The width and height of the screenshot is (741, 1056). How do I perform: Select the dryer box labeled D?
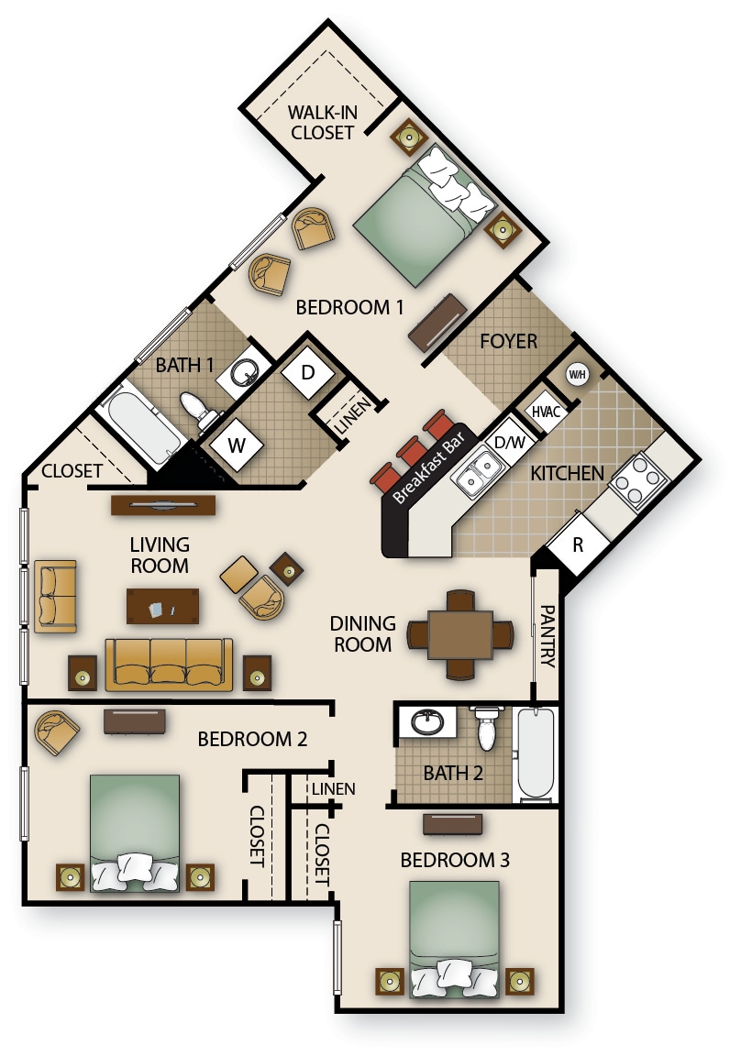(x=307, y=373)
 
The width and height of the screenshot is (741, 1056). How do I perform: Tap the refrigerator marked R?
(x=578, y=544)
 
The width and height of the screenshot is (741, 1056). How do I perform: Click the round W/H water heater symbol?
(x=577, y=374)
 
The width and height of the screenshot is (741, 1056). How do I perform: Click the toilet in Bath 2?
(x=486, y=726)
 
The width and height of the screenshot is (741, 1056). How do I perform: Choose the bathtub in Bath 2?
(x=536, y=753)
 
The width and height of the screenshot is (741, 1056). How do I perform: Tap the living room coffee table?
(x=163, y=605)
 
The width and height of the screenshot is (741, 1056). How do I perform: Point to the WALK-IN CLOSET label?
(x=321, y=122)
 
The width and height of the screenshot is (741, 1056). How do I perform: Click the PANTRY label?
(x=547, y=635)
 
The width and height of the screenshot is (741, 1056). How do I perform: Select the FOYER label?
(x=509, y=341)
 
